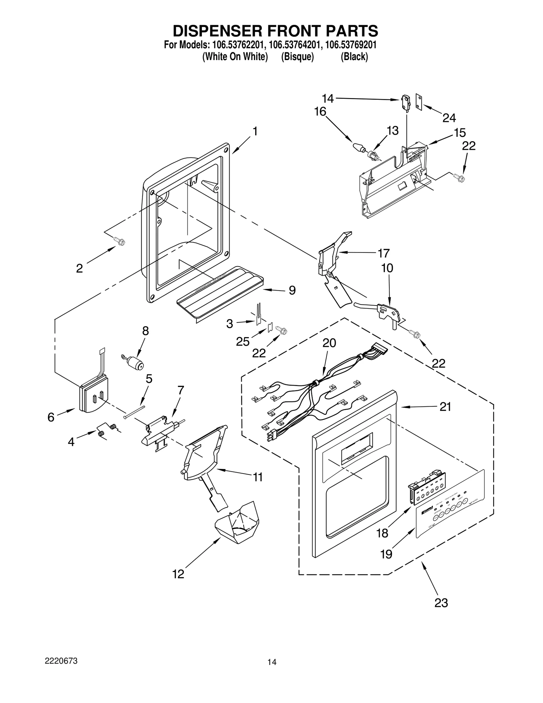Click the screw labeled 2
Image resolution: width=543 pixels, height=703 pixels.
tap(120, 242)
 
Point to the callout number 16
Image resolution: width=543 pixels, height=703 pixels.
tap(320, 111)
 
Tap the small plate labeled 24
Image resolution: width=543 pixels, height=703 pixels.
tap(419, 103)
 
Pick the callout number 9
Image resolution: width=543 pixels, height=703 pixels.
tap(292, 290)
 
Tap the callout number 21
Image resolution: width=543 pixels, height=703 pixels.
tap(445, 407)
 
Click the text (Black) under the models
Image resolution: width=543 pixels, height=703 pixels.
tap(354, 57)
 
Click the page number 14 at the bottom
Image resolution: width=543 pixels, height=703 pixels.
tap(272, 671)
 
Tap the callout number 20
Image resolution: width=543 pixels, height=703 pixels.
tap(329, 343)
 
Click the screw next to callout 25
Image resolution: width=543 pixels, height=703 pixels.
tap(282, 330)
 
